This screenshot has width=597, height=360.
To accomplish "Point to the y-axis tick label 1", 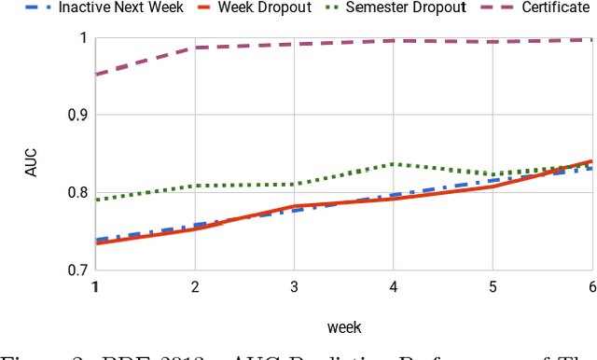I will point(82,38).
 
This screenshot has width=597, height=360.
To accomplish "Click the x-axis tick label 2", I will point(194,287).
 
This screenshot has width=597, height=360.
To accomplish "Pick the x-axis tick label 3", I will point(293,287).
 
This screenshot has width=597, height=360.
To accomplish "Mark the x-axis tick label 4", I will point(393,287).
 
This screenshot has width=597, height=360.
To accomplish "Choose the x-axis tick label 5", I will point(492,287).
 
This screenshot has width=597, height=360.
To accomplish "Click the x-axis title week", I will point(343,327).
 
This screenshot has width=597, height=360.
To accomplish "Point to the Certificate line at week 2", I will point(194,48).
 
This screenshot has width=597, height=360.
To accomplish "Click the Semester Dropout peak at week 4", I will point(393,164).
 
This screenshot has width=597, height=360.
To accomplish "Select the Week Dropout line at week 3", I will point(293,206).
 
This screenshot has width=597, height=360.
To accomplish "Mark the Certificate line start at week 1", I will point(96,75).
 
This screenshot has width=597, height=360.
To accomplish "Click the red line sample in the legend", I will point(187,8).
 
